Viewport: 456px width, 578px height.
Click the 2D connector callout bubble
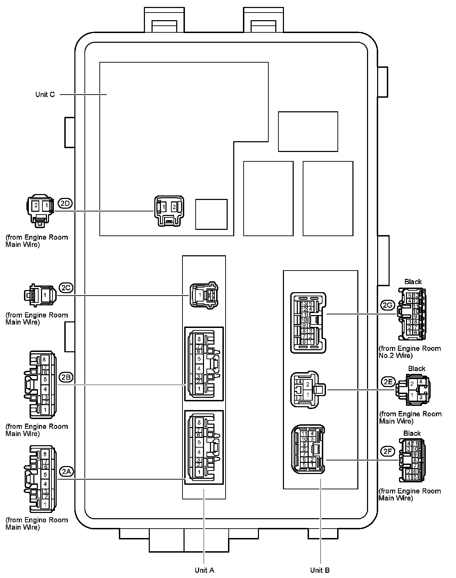pyautogui.click(x=65, y=203)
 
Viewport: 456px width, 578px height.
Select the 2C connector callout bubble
pyautogui.click(x=66, y=288)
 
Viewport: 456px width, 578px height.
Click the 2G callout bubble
pyautogui.click(x=387, y=305)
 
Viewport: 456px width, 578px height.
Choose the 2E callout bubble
pyautogui.click(x=388, y=382)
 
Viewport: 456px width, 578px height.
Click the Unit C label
pyautogui.click(x=45, y=95)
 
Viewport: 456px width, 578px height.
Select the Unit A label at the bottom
pyautogui.click(x=204, y=570)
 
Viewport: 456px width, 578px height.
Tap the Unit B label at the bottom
pyautogui.click(x=320, y=570)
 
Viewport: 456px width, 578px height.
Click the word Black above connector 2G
pyautogui.click(x=413, y=282)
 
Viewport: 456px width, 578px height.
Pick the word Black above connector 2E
pyautogui.click(x=417, y=369)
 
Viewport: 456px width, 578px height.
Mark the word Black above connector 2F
pyautogui.click(x=412, y=433)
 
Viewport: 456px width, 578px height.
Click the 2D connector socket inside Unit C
pyautogui.click(x=169, y=211)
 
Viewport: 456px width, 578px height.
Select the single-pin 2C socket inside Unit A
pyautogui.click(x=204, y=295)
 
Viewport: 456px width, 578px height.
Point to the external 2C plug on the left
pyautogui.click(x=39, y=295)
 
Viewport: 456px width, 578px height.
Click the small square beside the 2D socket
pyautogui.click(x=211, y=214)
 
